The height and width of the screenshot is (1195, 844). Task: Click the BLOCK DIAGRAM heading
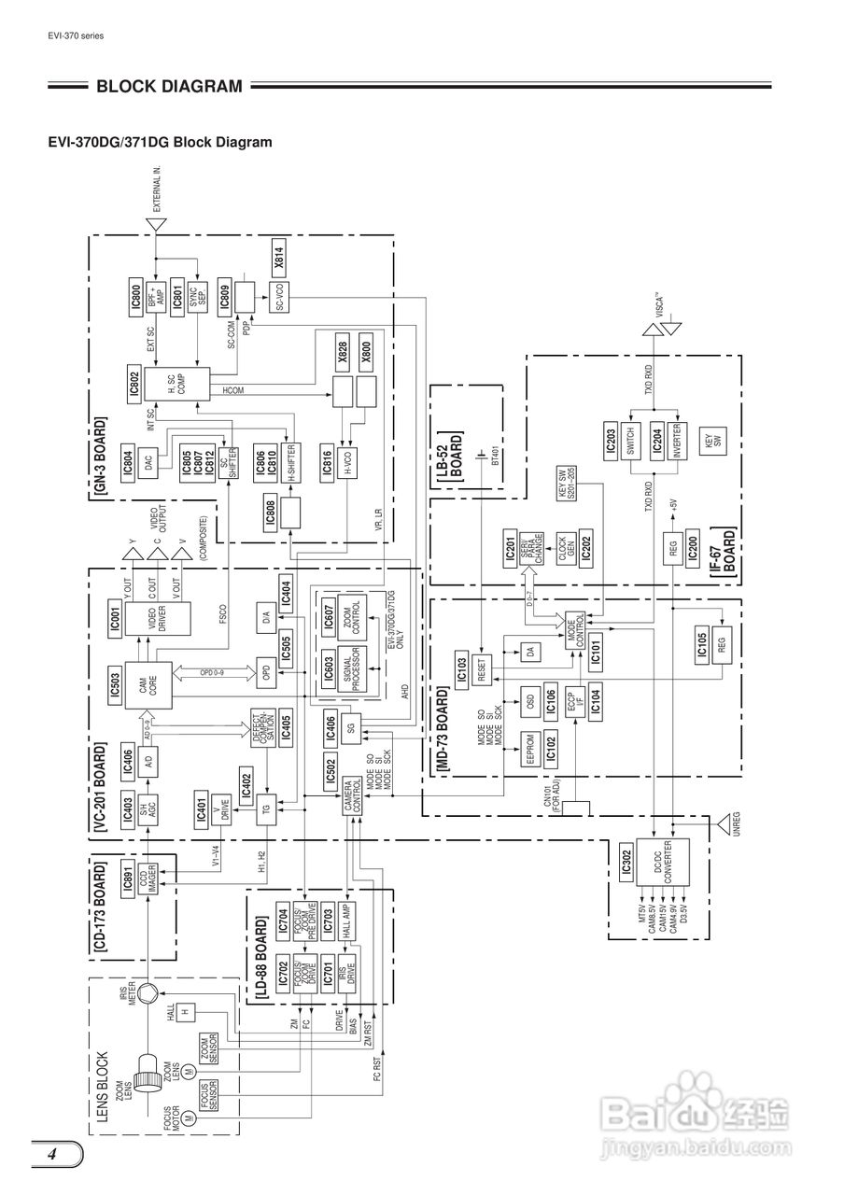click(x=168, y=87)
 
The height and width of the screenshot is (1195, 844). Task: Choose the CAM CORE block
click(x=148, y=684)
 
